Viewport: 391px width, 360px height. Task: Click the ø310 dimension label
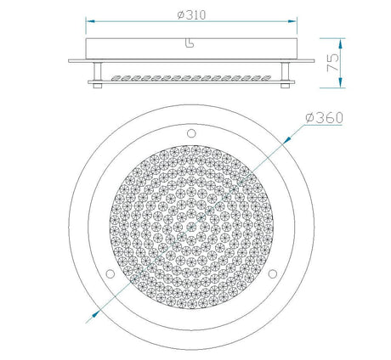click(x=191, y=15)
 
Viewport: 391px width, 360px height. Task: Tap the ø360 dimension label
click(x=325, y=118)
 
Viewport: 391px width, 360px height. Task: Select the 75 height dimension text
click(x=332, y=62)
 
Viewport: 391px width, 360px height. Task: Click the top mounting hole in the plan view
click(x=191, y=133)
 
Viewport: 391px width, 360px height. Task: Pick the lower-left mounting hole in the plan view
click(x=110, y=273)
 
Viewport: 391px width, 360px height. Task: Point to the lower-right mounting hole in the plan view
click(x=273, y=273)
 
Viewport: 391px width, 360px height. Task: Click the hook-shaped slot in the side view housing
click(x=190, y=42)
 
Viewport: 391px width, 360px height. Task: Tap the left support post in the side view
click(x=98, y=71)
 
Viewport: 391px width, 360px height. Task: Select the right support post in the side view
click(x=285, y=71)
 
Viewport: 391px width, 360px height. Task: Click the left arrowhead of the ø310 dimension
click(x=90, y=21)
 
